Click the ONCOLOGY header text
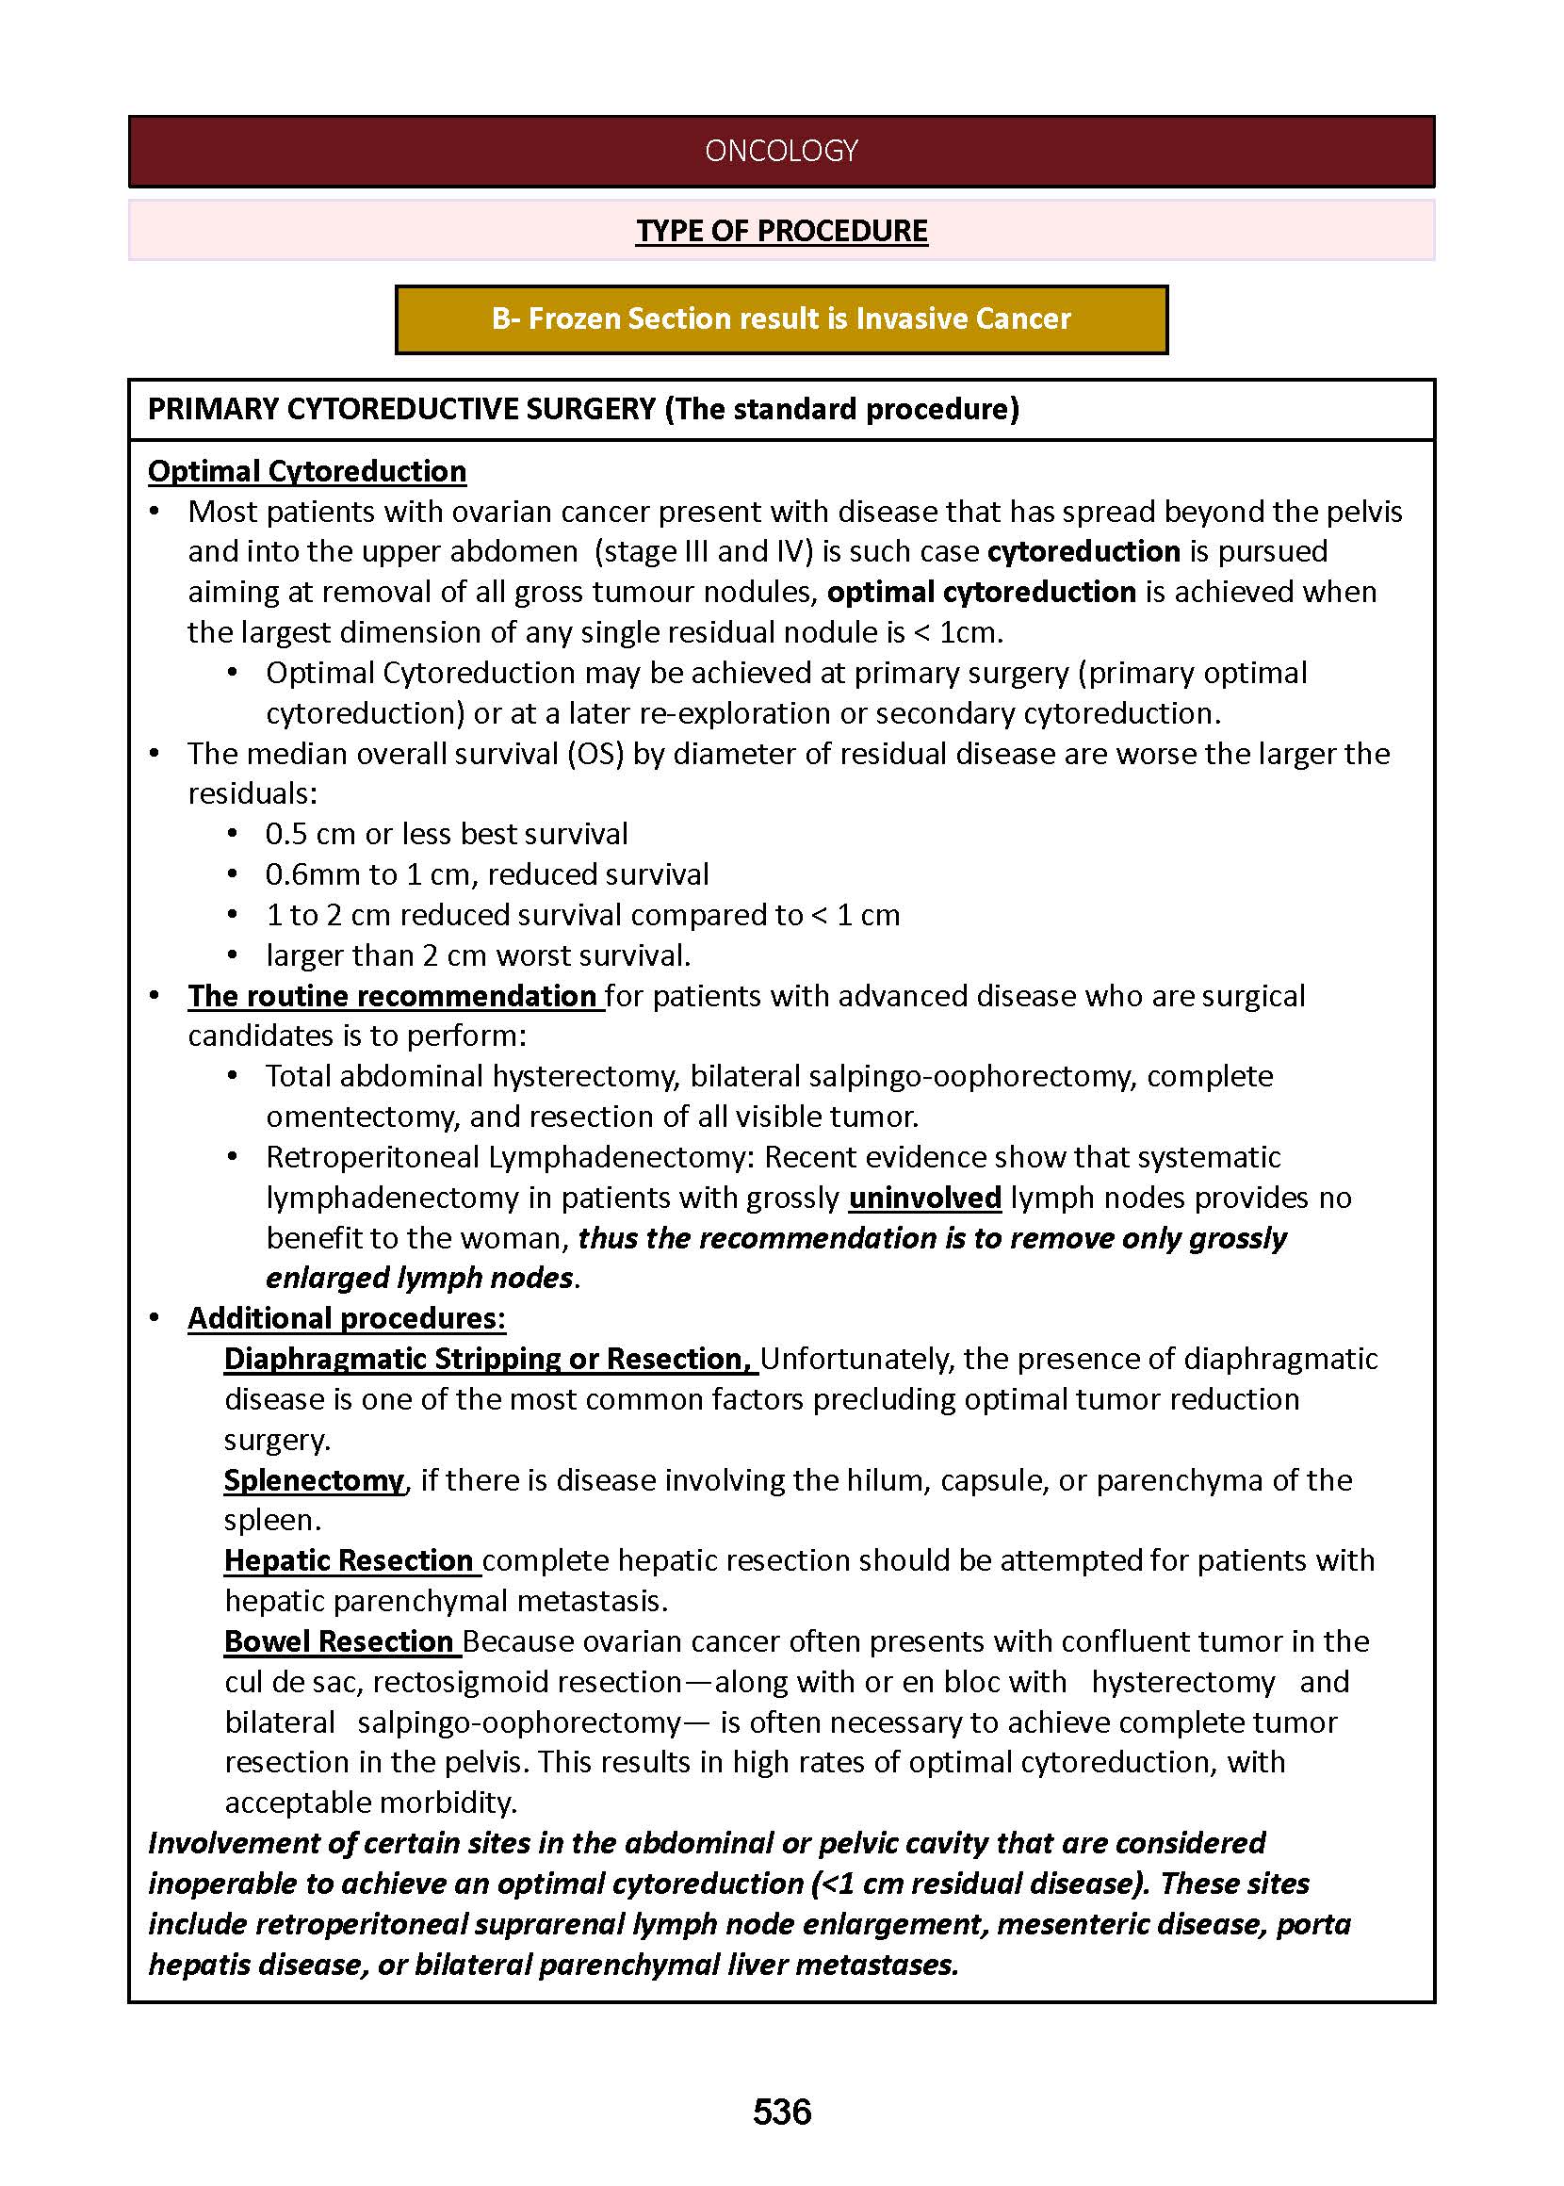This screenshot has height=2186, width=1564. point(781,151)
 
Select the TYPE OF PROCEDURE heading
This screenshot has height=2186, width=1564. point(781,231)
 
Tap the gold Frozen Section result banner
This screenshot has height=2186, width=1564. point(781,318)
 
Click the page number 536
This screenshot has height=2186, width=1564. point(781,2112)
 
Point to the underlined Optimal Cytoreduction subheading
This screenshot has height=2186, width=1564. point(307,471)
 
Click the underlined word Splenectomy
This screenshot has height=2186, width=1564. point(314,1479)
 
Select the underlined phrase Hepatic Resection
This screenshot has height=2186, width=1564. point(349,1560)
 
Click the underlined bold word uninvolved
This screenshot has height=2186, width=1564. point(924,1197)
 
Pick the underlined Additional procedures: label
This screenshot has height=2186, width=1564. point(347,1317)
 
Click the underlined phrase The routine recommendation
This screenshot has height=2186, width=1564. point(393,995)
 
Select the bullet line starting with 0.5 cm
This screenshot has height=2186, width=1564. point(447,833)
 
